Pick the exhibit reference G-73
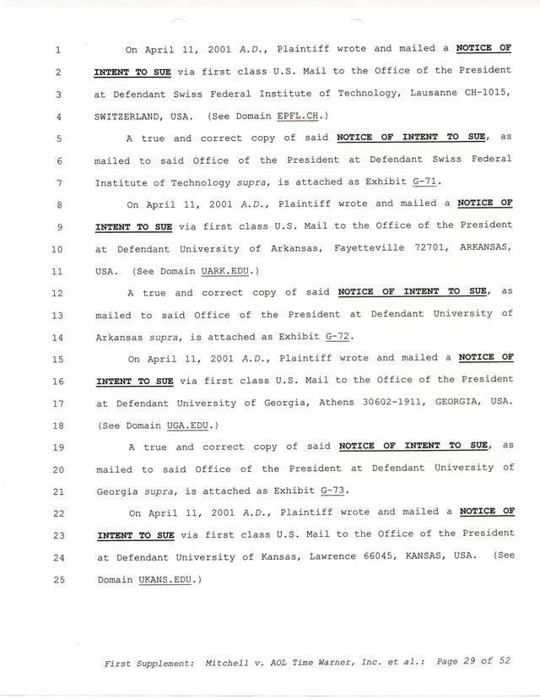tap(333, 490)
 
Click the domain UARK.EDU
tap(229, 271)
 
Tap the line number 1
tap(57, 50)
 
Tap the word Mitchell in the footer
tap(228, 664)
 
